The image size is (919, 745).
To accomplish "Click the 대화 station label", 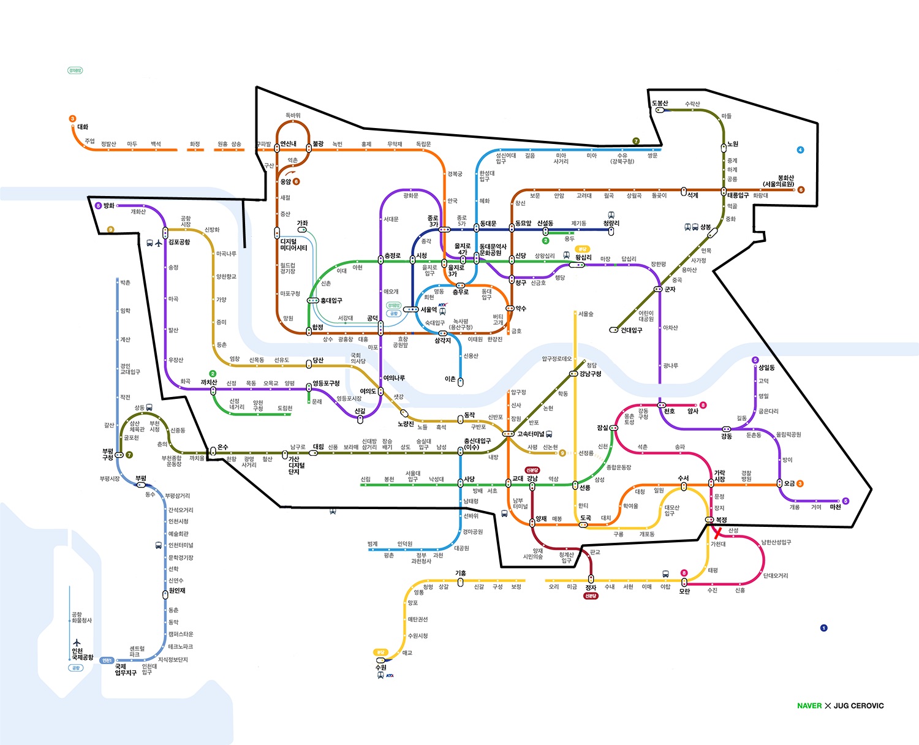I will (x=83, y=127).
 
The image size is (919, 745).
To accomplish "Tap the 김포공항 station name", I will (x=180, y=242).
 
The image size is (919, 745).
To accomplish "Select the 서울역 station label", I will (x=429, y=309).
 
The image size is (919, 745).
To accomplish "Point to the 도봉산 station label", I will (x=660, y=103).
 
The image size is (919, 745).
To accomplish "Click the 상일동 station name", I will (x=766, y=368).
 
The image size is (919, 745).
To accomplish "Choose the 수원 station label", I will (x=380, y=667).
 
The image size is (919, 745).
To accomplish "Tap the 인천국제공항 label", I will (x=82, y=654).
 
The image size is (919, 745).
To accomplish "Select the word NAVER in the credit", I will (x=809, y=706).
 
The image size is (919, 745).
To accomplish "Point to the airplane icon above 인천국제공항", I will (x=77, y=643).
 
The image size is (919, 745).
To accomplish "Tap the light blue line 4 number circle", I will (x=800, y=150).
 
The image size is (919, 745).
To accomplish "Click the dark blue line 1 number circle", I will (x=823, y=628).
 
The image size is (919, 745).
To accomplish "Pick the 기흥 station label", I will (x=461, y=573).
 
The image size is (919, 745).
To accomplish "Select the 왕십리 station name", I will (x=583, y=257).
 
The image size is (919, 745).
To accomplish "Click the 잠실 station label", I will (x=602, y=428).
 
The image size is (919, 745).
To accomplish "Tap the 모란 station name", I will (x=684, y=591).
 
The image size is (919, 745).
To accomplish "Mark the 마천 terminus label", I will (x=835, y=507).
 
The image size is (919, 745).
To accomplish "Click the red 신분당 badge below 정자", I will (x=591, y=596).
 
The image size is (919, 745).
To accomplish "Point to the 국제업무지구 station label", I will (x=126, y=669).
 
